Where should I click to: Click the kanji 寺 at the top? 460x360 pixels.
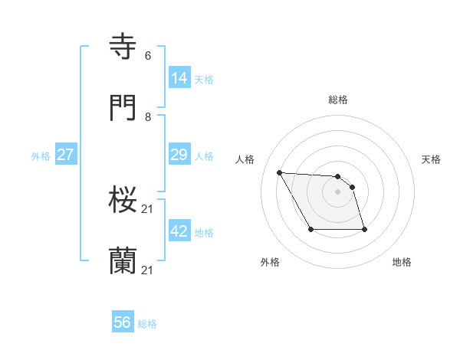coord(124,47)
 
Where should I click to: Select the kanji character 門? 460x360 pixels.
coord(124,108)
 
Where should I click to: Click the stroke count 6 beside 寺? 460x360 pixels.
coord(147,56)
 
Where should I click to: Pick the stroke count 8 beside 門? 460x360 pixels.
coord(147,117)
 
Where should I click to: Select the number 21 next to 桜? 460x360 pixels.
coord(148,209)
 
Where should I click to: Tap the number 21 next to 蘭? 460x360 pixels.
coord(148,270)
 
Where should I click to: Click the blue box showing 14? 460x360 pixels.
coord(179,77)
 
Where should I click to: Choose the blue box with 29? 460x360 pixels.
coord(179,155)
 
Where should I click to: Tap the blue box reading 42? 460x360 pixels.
coord(179,231)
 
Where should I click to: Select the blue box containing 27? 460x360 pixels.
coord(65,155)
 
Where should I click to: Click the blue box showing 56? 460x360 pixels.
coord(123,323)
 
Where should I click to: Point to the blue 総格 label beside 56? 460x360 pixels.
coord(147,325)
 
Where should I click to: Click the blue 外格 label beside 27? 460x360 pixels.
coord(41,156)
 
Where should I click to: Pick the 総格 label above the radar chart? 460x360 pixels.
coord(338,100)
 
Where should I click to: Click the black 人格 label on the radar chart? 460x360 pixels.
coord(245,159)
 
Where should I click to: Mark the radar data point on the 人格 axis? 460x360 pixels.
coord(280,172)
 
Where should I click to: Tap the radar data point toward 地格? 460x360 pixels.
coord(364,229)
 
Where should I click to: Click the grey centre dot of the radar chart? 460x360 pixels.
coord(337,191)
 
